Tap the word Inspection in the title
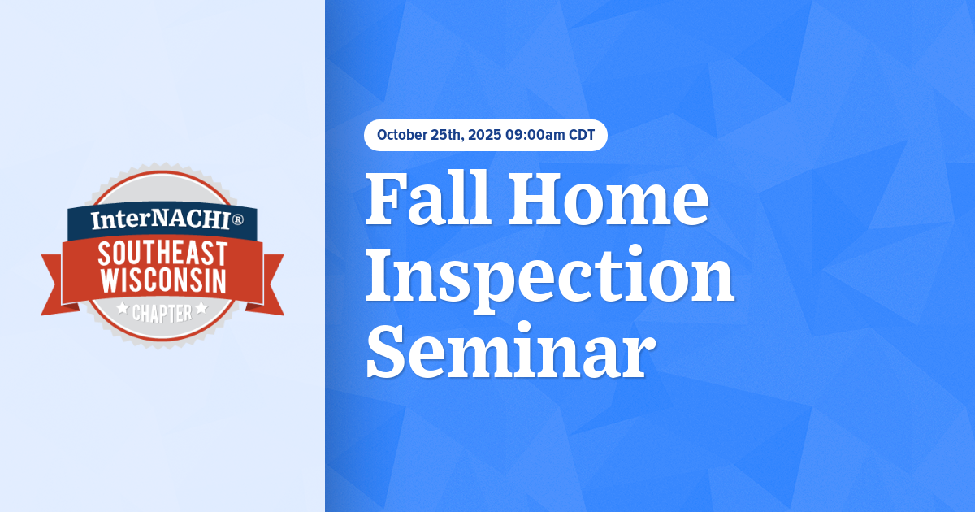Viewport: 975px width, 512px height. coord(549,277)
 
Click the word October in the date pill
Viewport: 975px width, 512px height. coord(404,135)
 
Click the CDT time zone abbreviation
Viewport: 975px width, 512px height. coord(581,135)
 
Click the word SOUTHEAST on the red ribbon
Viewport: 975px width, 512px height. coord(162,254)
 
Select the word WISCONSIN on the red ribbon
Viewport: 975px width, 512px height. coord(162,281)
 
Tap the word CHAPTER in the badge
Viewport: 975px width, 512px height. coord(162,312)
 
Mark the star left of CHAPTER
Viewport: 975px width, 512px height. coord(123,309)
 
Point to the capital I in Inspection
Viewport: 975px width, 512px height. coord(380,277)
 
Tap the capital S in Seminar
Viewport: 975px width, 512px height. coord(386,354)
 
